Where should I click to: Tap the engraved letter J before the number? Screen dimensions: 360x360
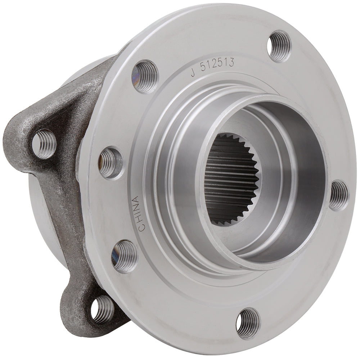193,72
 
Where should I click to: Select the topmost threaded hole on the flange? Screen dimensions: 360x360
279,46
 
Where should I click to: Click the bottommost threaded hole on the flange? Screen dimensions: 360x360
248,323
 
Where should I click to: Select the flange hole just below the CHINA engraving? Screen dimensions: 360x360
124,256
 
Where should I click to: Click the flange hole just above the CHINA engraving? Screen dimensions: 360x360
110,162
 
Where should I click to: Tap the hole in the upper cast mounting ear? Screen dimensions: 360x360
44,144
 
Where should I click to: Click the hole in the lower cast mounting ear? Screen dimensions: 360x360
102,310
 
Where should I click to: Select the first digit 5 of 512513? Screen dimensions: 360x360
203,69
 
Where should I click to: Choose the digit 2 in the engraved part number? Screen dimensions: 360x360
215,67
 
